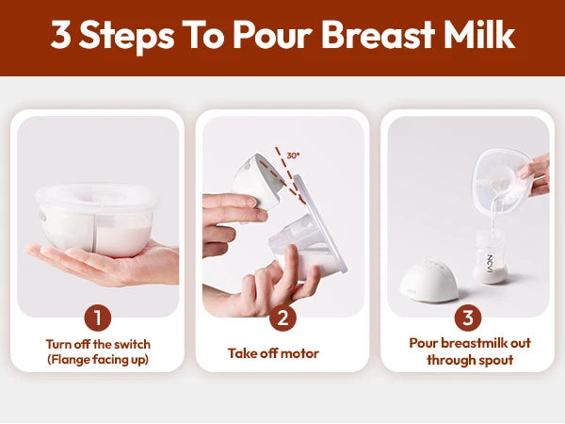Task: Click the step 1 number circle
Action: tap(98, 317)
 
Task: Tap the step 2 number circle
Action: tap(282, 317)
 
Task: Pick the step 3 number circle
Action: tap(468, 317)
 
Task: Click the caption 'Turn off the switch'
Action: tap(98, 344)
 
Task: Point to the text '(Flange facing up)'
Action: tap(98, 361)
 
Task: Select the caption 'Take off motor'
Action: tap(273, 353)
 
